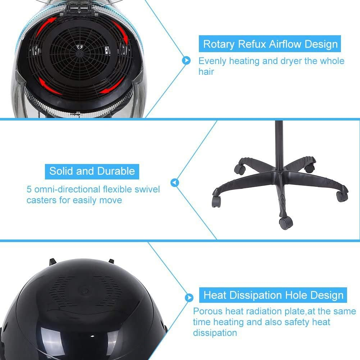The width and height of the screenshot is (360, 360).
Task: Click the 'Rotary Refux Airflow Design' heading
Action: click(x=270, y=44)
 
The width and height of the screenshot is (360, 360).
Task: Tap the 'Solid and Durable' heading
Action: click(x=92, y=170)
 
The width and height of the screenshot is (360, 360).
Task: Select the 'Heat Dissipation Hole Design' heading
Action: click(x=273, y=296)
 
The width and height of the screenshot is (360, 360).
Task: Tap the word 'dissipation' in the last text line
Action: click(x=215, y=333)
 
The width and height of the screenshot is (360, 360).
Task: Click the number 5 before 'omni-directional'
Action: click(x=29, y=189)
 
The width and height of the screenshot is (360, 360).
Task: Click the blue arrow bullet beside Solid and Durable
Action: click(x=175, y=183)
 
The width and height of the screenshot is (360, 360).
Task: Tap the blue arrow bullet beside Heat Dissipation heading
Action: click(x=190, y=297)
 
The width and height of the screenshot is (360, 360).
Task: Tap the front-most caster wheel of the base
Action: click(x=284, y=223)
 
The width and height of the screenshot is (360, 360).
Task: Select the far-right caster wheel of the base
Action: click(x=341, y=195)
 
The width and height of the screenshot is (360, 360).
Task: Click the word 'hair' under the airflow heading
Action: click(x=206, y=72)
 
